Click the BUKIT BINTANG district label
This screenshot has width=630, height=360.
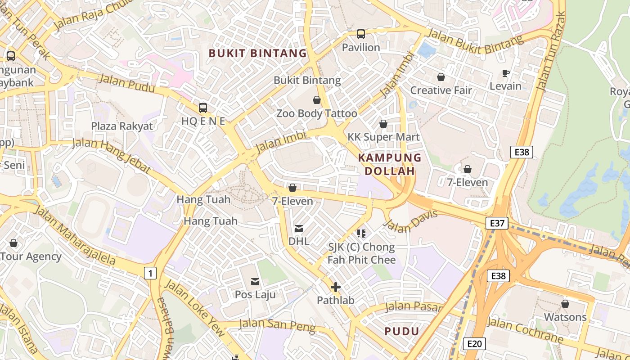point(257,54)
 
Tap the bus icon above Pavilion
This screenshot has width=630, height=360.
point(360,34)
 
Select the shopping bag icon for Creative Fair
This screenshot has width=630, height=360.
point(441,77)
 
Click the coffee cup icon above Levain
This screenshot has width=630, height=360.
point(505,73)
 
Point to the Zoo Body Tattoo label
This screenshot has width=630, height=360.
point(316,113)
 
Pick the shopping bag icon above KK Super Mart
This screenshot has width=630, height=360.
point(383,124)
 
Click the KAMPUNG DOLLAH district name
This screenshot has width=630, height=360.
point(390,164)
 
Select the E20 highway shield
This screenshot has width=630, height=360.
point(474,344)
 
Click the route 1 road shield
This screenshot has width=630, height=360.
point(150,273)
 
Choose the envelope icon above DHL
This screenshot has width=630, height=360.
point(299,229)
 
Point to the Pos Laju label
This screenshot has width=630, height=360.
point(255,294)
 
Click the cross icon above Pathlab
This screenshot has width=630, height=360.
point(335,287)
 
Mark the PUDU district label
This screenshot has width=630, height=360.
point(402,332)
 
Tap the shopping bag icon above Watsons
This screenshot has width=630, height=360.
point(565,304)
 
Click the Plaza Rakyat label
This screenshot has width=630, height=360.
point(122,126)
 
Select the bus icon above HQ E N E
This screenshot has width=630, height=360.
point(203,108)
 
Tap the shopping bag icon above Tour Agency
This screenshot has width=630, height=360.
point(13,243)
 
